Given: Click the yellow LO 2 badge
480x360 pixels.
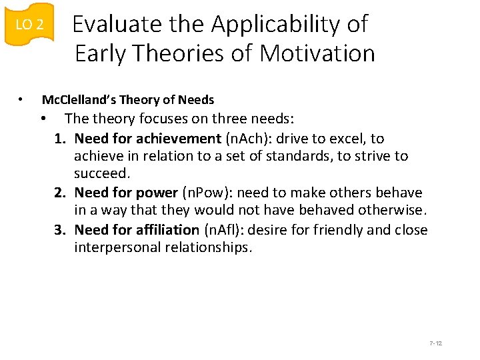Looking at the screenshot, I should click(29, 25).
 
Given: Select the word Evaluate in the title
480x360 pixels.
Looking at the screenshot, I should click(117, 24).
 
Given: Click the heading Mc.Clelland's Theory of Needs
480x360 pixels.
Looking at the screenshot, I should click(128, 100).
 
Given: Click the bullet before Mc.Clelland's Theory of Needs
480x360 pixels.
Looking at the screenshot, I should click(21, 100).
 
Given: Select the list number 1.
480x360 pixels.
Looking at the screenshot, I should click(60, 139).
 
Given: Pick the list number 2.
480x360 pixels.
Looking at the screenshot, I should click(60, 193).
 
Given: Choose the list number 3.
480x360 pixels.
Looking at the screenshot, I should click(60, 230).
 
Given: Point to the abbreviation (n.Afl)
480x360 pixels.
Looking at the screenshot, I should click(224, 230).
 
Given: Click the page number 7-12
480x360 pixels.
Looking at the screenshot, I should click(436, 343).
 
